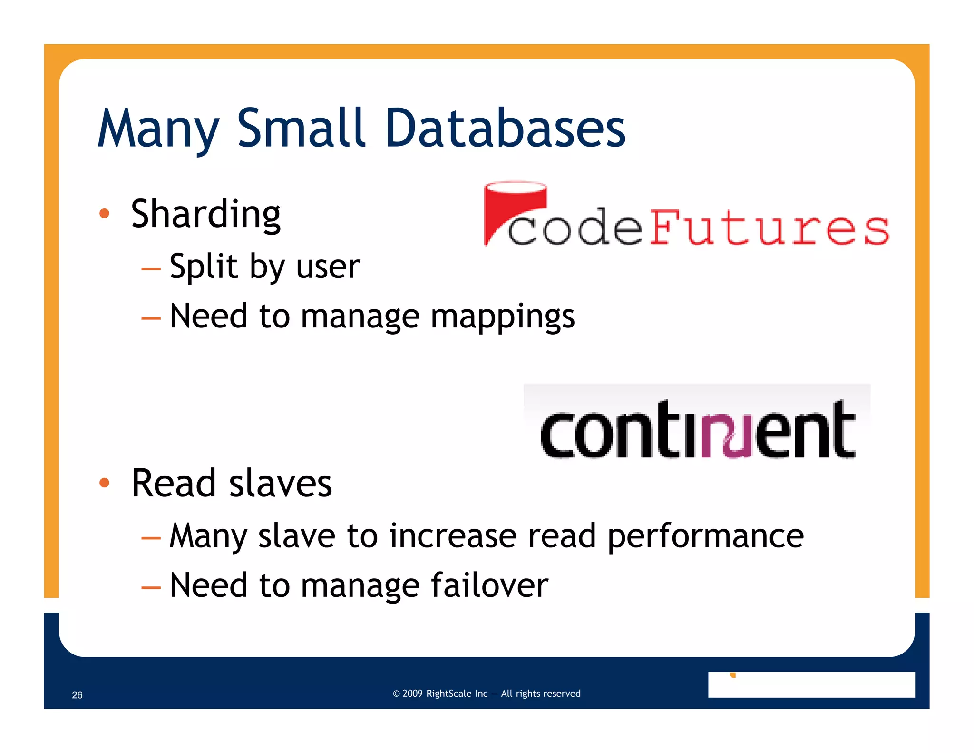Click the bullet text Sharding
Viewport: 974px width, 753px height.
point(205,215)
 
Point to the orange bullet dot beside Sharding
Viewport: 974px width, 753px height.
point(104,214)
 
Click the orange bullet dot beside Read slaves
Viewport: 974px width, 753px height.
point(104,483)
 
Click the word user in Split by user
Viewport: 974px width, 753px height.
point(328,267)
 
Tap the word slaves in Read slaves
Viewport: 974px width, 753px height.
point(280,484)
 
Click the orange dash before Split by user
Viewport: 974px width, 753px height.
point(151,269)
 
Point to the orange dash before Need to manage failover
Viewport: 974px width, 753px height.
point(151,587)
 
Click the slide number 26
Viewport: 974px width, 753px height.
point(77,695)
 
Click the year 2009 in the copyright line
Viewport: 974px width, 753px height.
point(412,694)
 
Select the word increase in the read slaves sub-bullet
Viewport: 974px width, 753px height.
point(453,536)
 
